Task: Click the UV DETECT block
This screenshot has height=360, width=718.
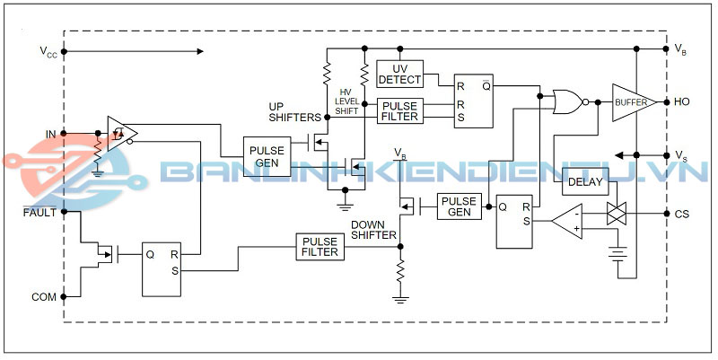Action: coord(399,74)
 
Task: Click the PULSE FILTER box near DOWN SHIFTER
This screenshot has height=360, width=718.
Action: coord(320,247)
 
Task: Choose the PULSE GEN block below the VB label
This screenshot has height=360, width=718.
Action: coord(460,206)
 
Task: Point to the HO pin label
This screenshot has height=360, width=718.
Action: coord(681,102)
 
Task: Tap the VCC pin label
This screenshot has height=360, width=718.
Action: coord(48,53)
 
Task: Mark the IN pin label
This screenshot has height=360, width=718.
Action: coord(51,135)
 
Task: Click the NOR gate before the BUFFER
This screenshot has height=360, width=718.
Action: coord(568,102)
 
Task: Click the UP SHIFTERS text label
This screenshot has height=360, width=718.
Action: coord(294,112)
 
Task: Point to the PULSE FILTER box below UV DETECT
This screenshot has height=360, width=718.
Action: coord(399,110)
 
